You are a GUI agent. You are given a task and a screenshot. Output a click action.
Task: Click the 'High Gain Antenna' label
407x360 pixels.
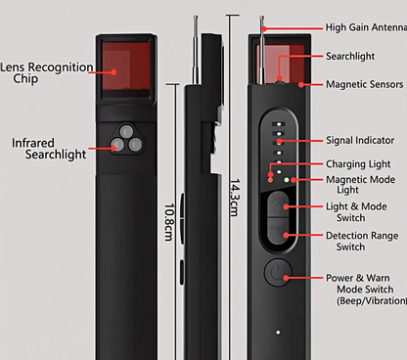[x=361, y=28]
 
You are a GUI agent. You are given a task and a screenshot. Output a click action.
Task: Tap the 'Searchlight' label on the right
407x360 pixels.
[x=351, y=57]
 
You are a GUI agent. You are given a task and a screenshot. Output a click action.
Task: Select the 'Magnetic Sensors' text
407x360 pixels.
[x=364, y=84]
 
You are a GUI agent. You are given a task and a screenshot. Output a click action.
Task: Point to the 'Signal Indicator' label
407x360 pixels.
[x=361, y=141]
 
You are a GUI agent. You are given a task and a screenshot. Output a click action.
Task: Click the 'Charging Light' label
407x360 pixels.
[x=357, y=163]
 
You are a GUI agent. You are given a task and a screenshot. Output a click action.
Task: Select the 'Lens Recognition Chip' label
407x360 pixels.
[x=46, y=73]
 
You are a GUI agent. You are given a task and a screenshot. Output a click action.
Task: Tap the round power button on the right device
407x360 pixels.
[x=277, y=273]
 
